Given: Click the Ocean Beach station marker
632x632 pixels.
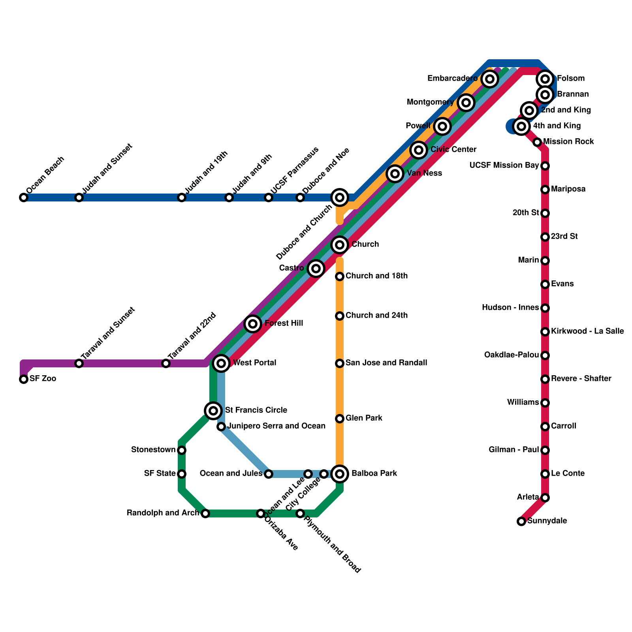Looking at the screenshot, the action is (x=24, y=197).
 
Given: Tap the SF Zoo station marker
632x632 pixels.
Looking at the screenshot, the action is (x=24, y=379).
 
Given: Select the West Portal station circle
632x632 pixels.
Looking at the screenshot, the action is (x=221, y=363).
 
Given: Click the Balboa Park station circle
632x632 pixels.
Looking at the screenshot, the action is (x=340, y=474).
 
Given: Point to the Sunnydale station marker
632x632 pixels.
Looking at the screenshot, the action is (x=521, y=521).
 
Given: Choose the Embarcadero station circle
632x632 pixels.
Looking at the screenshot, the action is (x=490, y=79).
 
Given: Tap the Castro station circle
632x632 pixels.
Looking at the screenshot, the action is (x=316, y=269).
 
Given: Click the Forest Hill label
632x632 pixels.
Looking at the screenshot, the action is (x=284, y=323).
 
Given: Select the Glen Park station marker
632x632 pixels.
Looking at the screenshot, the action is (x=340, y=419).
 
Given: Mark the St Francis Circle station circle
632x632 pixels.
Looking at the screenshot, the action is (x=213, y=411).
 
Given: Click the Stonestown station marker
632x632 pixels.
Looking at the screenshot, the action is (x=182, y=450).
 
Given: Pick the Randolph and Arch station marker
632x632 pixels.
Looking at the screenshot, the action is (x=205, y=513).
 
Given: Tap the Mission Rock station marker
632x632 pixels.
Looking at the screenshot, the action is (x=537, y=142).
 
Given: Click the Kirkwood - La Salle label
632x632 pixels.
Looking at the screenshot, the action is (x=587, y=331).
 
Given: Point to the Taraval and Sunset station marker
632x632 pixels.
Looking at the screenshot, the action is (x=79, y=363).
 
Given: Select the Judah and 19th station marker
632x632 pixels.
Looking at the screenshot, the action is (x=182, y=197).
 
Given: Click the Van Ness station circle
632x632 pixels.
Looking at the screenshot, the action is (x=395, y=173).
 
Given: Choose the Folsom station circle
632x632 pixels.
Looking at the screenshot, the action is (x=545, y=79).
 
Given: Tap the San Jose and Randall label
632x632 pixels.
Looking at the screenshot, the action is (x=386, y=363).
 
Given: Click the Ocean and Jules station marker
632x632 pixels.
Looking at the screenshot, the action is (x=269, y=474).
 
